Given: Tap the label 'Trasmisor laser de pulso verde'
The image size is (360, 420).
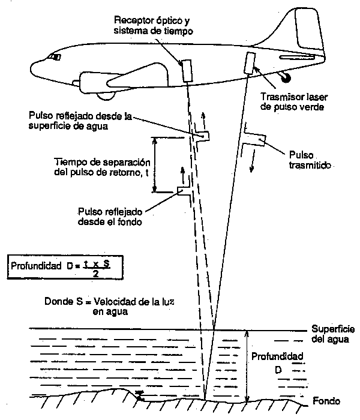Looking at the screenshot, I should pos(293,103).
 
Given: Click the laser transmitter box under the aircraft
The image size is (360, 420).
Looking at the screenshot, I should pos(248,62).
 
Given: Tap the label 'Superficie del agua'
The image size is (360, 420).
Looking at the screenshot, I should pos(333,335).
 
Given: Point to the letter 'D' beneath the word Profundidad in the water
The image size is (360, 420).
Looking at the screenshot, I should pos(278,370).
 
